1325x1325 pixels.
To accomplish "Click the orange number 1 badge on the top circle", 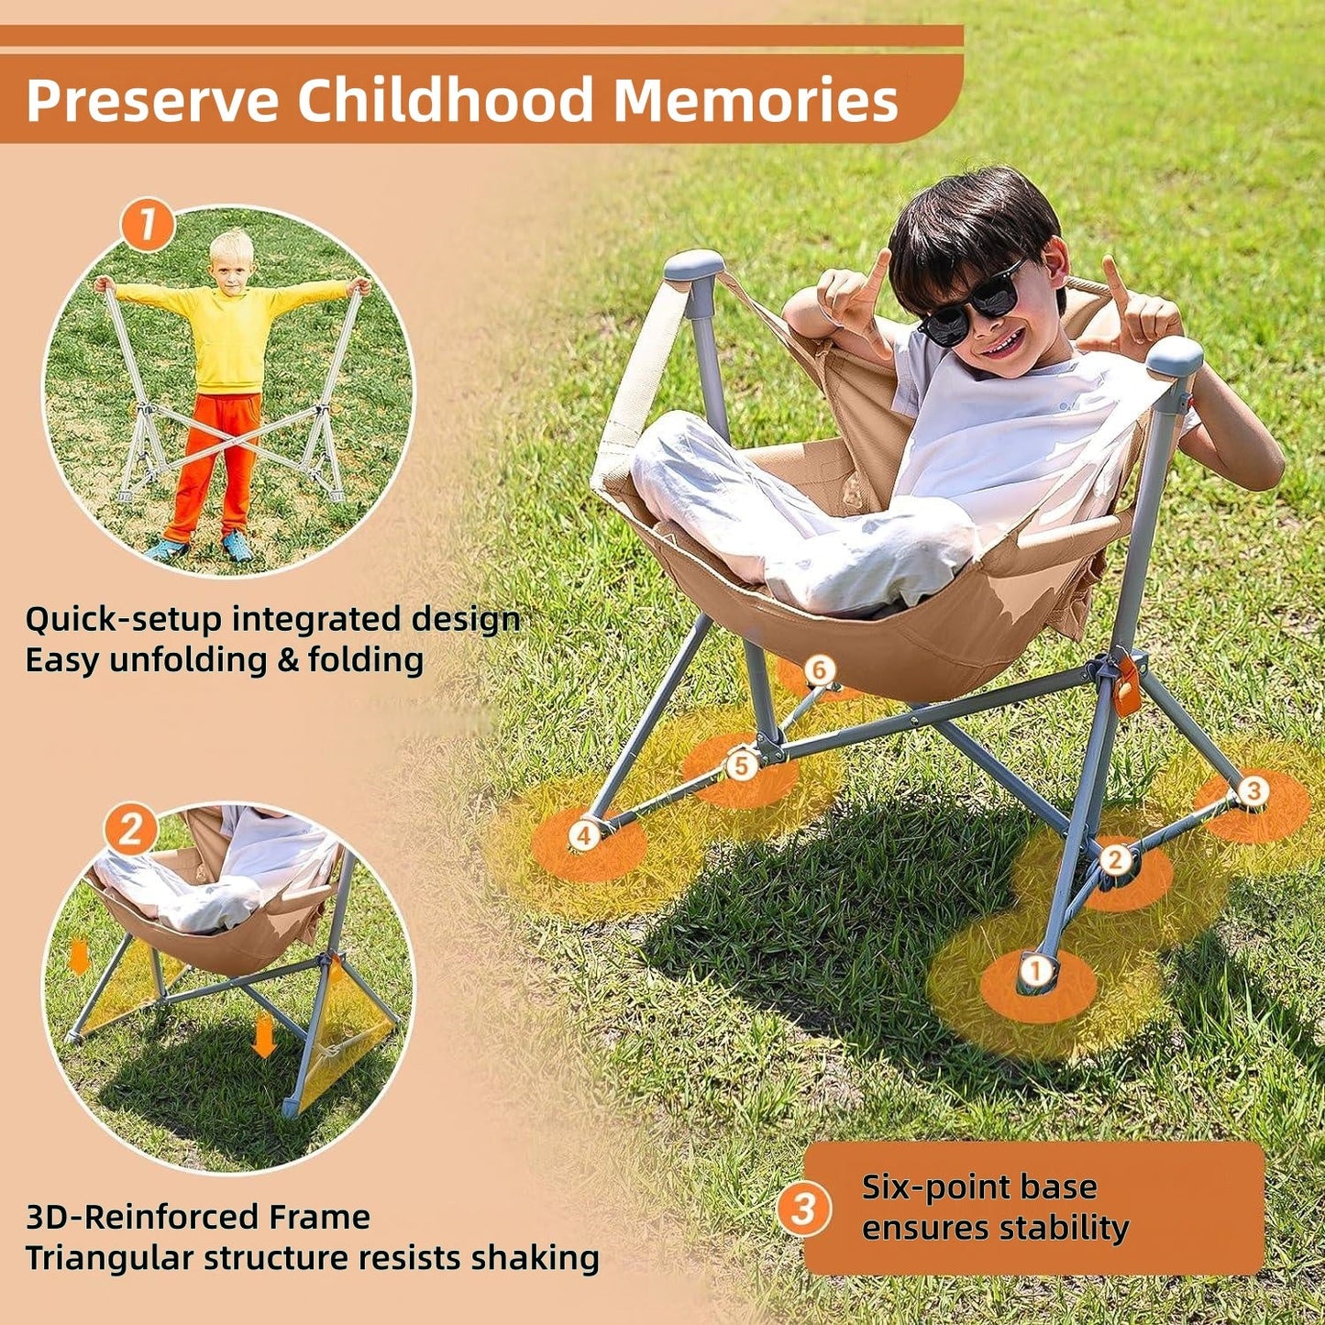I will pos(147,224).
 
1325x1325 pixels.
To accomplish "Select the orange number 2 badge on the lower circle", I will pos(130,830).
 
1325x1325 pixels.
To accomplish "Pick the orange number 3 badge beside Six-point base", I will pos(804,1209).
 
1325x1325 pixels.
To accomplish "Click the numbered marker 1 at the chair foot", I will pos(1036,970).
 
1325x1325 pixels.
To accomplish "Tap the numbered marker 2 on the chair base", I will pos(1115,859).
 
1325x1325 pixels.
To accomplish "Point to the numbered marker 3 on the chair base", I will pos(1253,789).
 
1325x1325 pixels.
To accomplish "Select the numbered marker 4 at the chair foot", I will pos(583,834).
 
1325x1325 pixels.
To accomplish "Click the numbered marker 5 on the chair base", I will pos(742,765).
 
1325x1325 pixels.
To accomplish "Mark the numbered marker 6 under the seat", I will pos(820,670).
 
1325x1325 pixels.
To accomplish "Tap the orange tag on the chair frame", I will pos(1128,686).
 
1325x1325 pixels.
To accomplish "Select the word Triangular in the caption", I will pos(110,1258).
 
